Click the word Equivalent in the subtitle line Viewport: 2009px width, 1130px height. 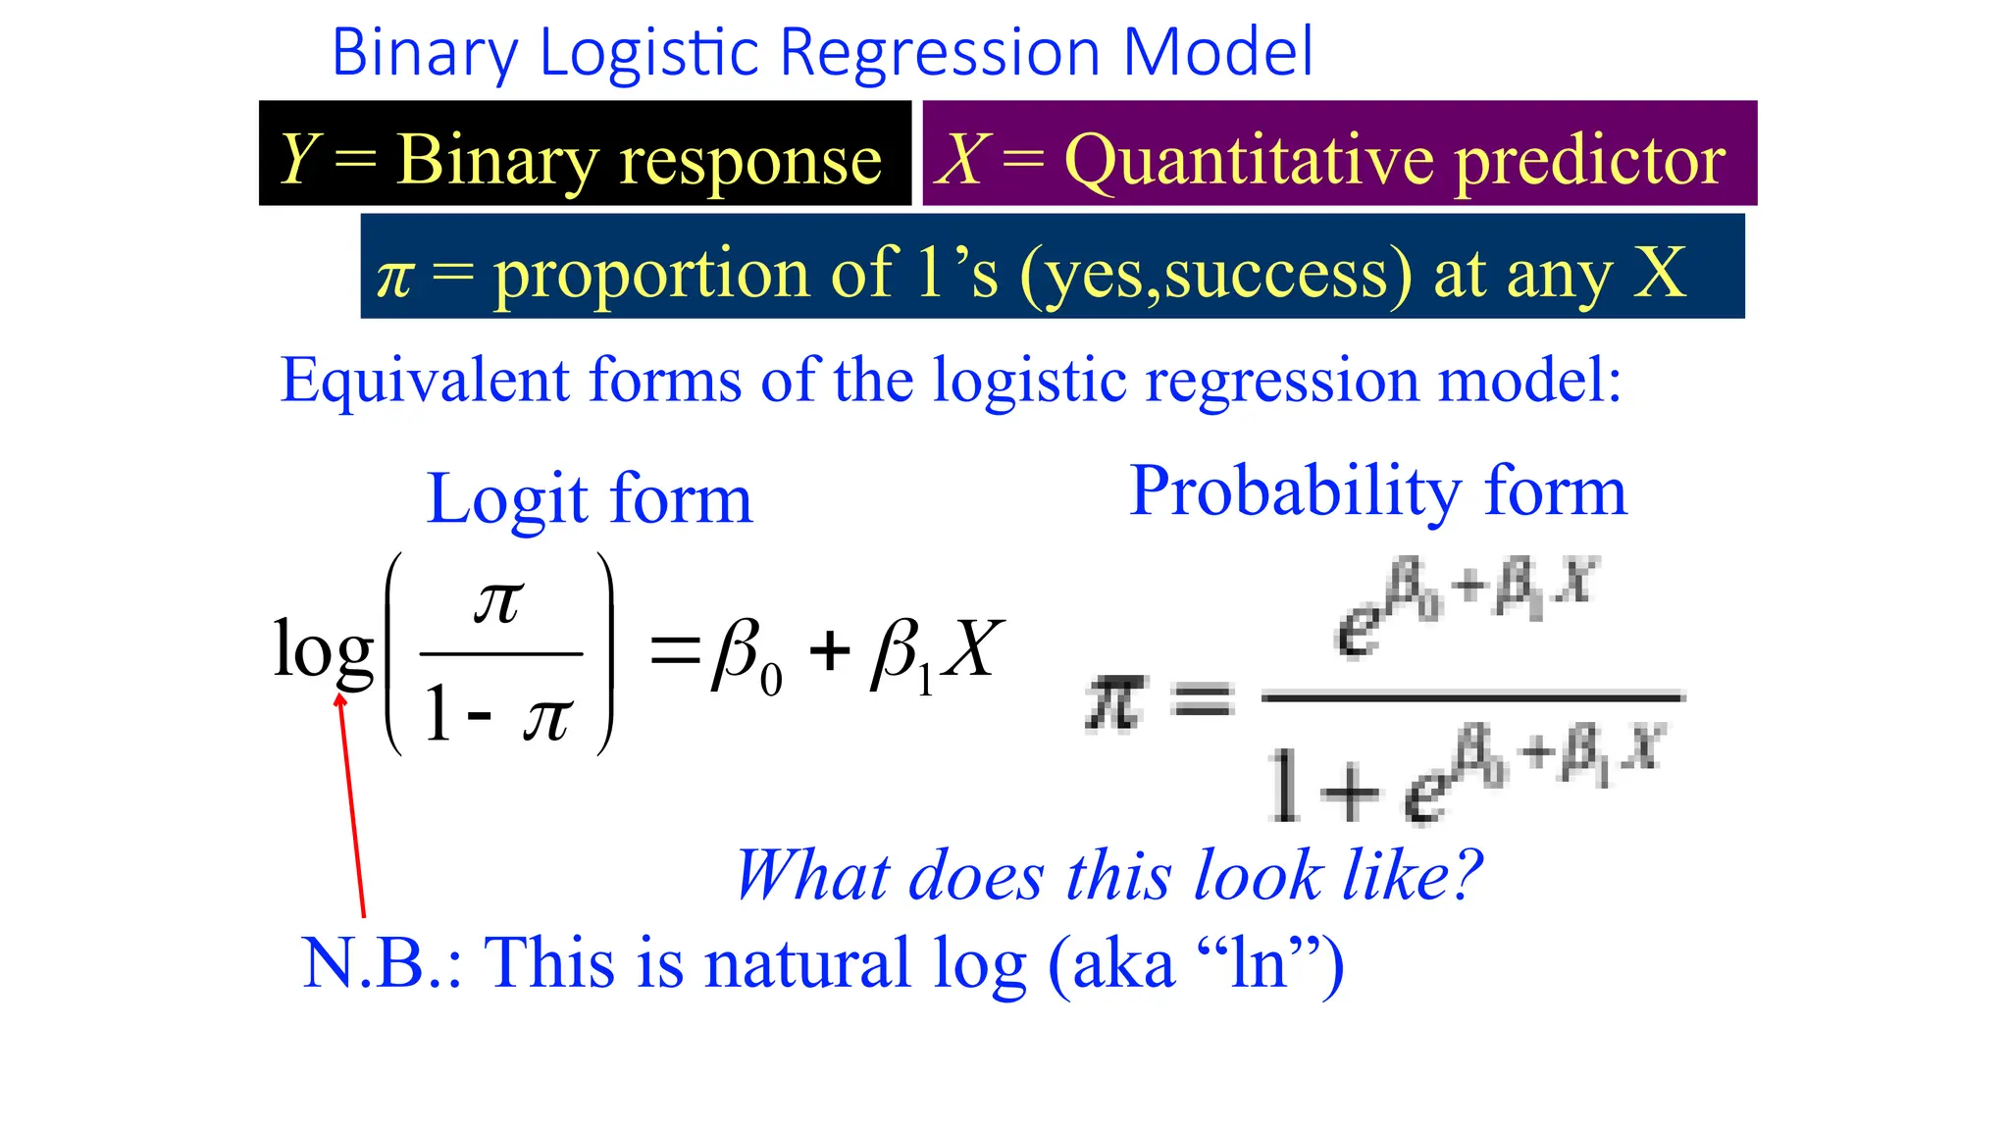(424, 381)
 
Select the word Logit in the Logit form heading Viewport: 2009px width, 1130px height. (506, 500)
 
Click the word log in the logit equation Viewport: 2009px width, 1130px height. (323, 649)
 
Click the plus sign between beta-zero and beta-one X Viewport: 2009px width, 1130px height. (829, 650)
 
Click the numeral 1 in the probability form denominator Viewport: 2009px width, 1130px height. (1285, 785)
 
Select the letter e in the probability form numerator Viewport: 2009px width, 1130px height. (1359, 628)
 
